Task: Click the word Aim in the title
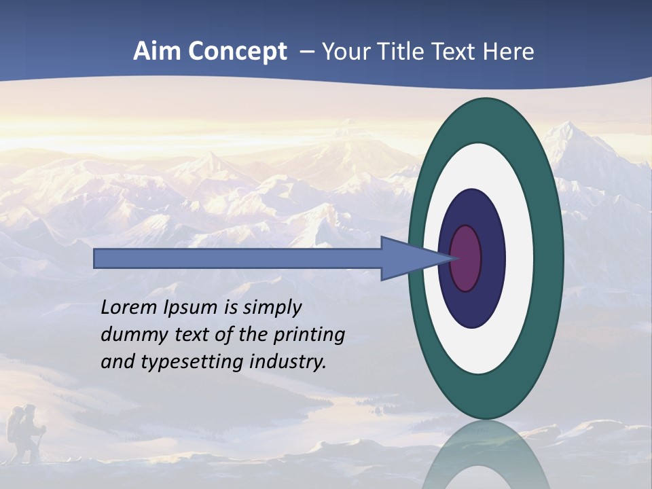click(157, 52)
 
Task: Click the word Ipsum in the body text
click(196, 308)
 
